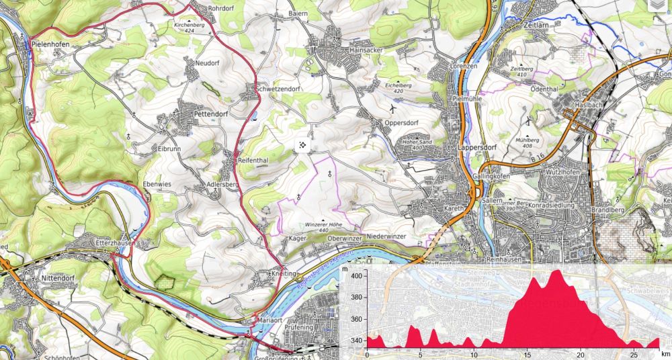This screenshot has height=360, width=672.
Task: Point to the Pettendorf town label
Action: [212, 114]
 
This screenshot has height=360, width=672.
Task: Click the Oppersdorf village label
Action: [403, 123]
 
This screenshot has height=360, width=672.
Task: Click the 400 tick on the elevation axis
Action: [355, 275]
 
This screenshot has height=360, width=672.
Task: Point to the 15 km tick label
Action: [528, 353]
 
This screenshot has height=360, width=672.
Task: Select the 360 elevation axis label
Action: [355, 320]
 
